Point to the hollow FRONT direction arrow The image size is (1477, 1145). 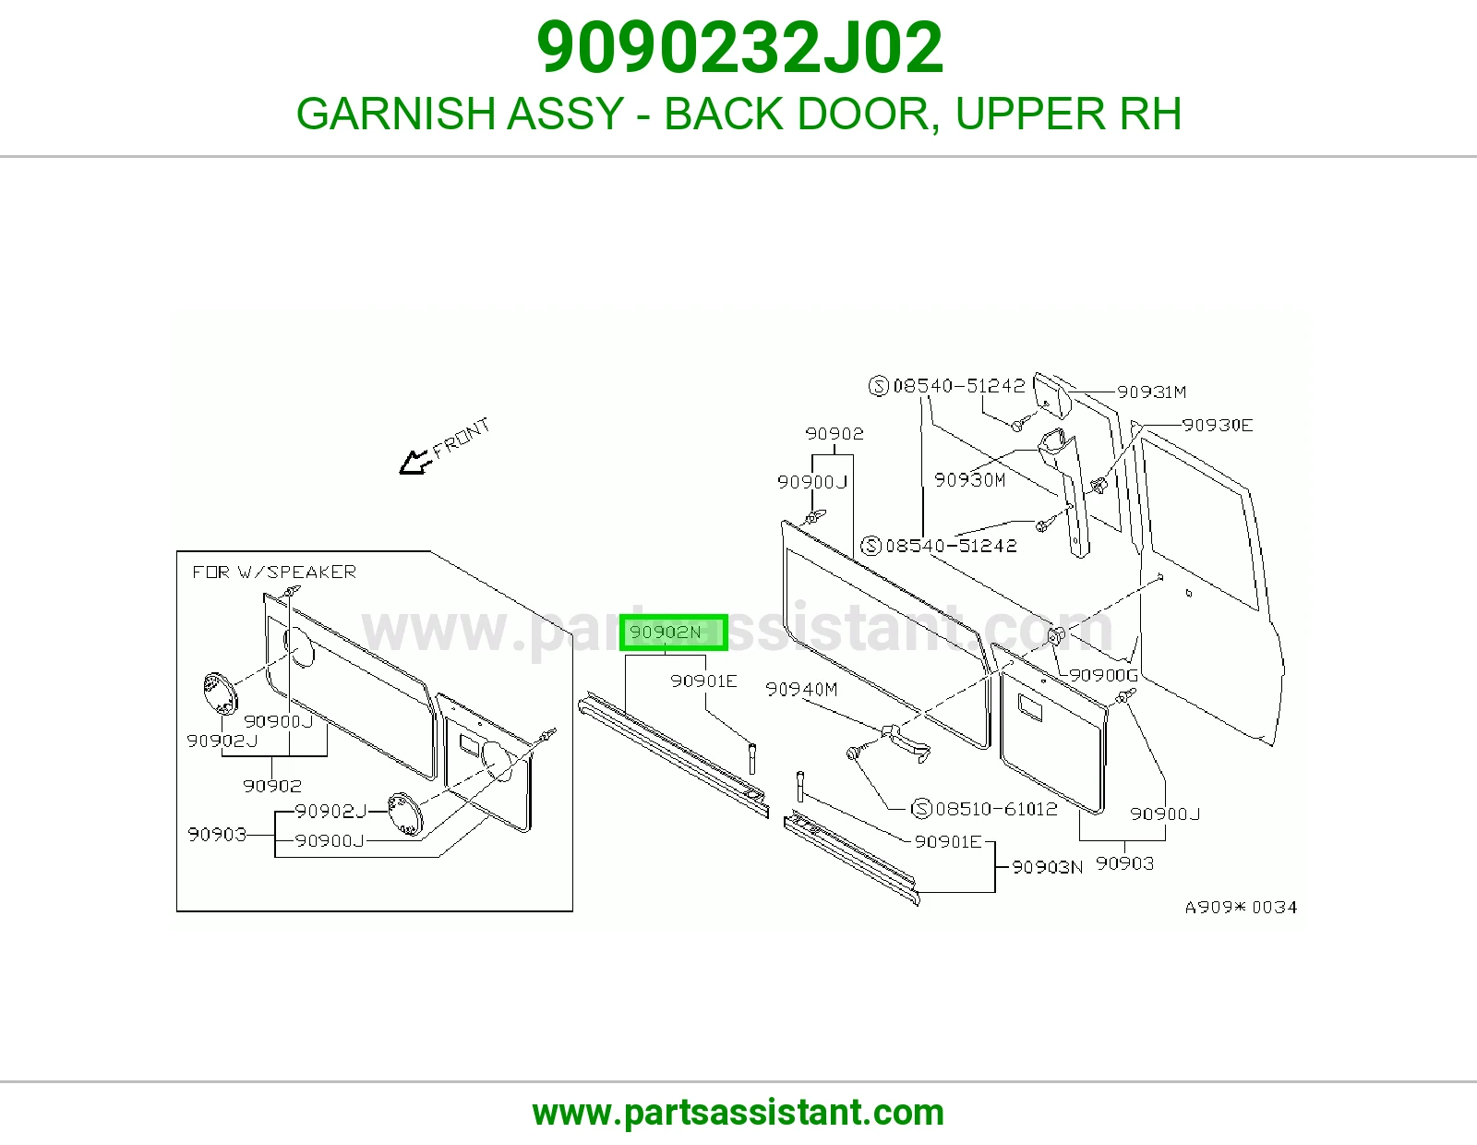[415, 463]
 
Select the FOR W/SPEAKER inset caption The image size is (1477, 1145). [274, 572]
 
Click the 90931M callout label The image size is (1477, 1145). [1151, 392]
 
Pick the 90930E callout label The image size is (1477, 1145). [1218, 425]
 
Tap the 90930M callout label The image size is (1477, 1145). [969, 480]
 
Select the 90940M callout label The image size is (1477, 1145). [801, 690]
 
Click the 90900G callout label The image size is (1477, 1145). [1103, 675]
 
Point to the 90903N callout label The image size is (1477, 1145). [1047, 867]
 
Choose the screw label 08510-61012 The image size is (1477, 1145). [996, 809]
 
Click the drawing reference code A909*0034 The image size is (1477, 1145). [1242, 907]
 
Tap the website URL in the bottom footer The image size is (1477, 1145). [738, 1113]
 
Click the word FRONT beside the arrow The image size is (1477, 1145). [461, 437]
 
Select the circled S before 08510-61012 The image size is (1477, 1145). [921, 809]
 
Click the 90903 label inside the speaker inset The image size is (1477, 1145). [217, 834]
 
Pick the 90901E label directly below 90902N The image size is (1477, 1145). [703, 681]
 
